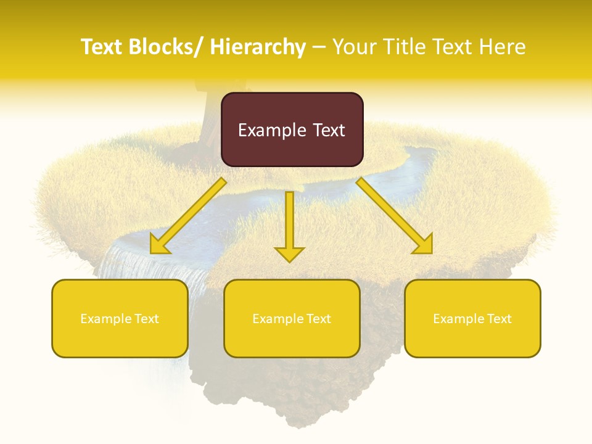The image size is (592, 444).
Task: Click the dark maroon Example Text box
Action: pyautogui.click(x=292, y=129)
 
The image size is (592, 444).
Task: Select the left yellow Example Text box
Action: pyautogui.click(x=120, y=318)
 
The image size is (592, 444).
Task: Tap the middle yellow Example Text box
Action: pyautogui.click(x=292, y=318)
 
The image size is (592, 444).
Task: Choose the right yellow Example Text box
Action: pyautogui.click(x=472, y=318)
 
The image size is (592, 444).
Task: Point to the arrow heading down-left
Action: pyautogui.click(x=188, y=216)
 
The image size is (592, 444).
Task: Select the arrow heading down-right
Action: pyautogui.click(x=395, y=216)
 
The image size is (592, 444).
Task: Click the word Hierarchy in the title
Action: pyautogui.click(x=258, y=47)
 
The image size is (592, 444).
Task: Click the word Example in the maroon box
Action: pyautogui.click(x=271, y=130)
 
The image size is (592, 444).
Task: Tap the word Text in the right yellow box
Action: pyautogui.click(x=498, y=318)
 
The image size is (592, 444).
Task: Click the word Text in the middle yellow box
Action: pyautogui.click(x=318, y=318)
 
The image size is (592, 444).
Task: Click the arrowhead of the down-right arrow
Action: pyautogui.click(x=423, y=244)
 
